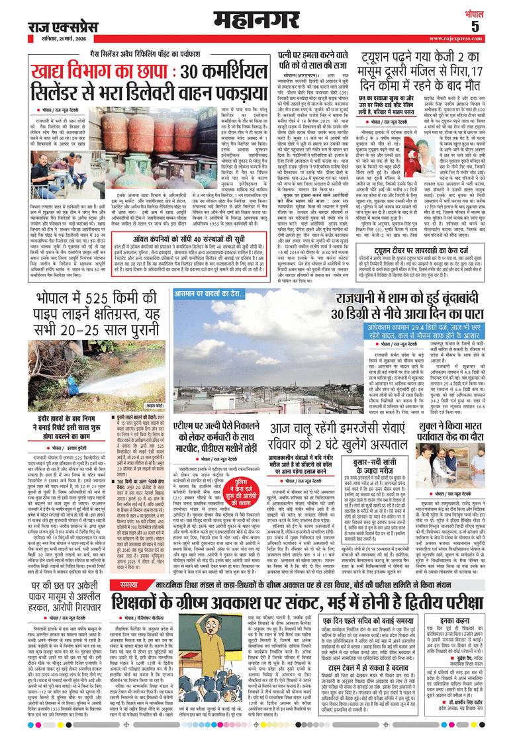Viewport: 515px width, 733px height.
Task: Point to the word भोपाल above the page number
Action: (x=493, y=11)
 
